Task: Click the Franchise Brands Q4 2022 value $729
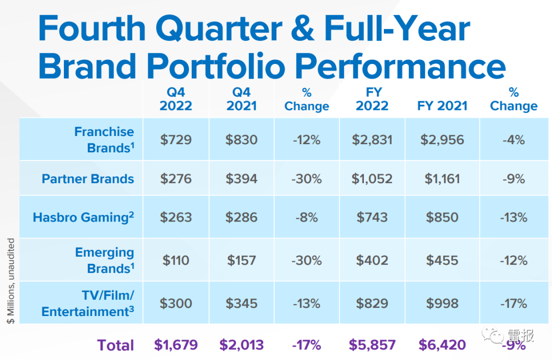point(176,140)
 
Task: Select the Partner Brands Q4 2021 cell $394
point(241,179)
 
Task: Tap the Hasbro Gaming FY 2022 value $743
point(372,217)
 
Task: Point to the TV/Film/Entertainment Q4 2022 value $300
point(176,303)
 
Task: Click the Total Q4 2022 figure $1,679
point(176,345)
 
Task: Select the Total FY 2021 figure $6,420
point(443,345)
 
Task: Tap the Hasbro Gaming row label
point(83,217)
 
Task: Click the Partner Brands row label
point(88,179)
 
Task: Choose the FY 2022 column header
point(372,99)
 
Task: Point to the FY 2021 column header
point(443,106)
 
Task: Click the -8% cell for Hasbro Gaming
point(307,217)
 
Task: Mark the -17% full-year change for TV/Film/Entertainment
point(513,303)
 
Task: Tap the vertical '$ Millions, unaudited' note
point(11,280)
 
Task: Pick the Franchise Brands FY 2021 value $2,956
point(443,140)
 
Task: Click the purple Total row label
point(116,345)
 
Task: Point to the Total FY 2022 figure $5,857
point(372,345)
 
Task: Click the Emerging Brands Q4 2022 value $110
point(176,260)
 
